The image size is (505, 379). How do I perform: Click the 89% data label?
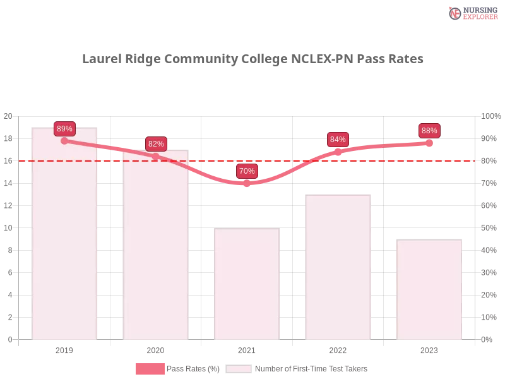64,129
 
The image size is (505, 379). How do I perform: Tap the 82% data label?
156,144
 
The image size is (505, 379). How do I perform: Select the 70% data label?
247,171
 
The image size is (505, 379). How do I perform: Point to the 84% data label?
338,140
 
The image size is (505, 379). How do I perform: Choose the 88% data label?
429,131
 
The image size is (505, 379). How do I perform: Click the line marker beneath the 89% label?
64,141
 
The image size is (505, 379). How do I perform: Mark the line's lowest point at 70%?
247,183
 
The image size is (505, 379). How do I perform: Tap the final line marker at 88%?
429,143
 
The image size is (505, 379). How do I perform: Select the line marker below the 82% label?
156,156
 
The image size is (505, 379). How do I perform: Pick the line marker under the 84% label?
338,152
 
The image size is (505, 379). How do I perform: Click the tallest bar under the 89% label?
66,240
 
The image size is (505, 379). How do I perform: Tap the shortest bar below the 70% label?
247,284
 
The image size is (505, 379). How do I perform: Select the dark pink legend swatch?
150,368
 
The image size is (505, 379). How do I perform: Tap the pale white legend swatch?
239,368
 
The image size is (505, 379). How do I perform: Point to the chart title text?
252,59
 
